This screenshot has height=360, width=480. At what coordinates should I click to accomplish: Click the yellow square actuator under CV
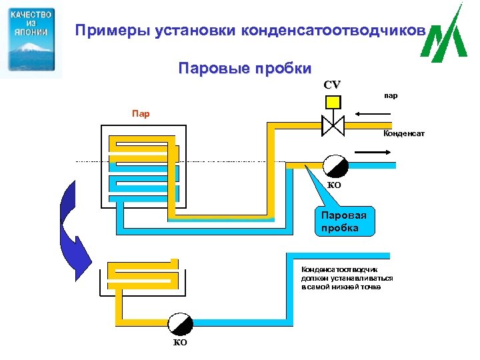click(x=332, y=102)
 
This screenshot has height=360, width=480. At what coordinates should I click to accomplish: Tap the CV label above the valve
click(x=332, y=85)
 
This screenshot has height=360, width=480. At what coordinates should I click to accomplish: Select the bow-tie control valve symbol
click(x=332, y=124)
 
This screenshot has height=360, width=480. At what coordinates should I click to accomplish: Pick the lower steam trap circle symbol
click(x=180, y=324)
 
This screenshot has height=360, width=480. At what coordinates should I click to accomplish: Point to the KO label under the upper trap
click(x=334, y=185)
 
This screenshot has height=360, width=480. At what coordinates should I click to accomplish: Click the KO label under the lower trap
click(x=180, y=343)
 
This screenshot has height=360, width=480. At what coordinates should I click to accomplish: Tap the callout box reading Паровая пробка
click(x=344, y=221)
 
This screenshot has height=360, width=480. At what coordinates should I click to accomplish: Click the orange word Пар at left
click(x=140, y=113)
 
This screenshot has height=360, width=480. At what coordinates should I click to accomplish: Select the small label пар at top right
click(x=391, y=95)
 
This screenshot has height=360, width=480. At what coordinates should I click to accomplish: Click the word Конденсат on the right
click(x=404, y=134)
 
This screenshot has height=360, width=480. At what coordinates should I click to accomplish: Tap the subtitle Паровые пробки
click(x=245, y=69)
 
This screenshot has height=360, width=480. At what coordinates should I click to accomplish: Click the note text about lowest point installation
click(x=347, y=278)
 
